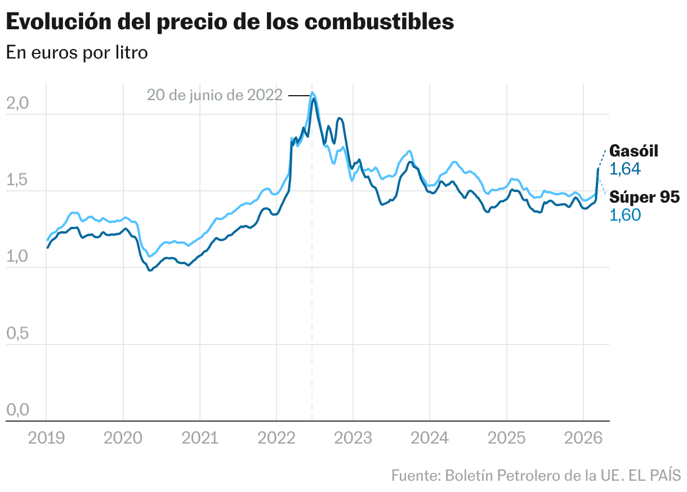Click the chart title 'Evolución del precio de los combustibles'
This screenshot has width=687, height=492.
click(230, 22)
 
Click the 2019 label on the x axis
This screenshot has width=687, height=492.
click(46, 437)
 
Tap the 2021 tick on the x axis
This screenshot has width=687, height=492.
click(199, 437)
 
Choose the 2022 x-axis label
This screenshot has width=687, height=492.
click(276, 437)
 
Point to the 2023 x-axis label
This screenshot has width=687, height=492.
click(353, 437)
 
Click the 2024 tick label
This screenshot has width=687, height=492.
click(429, 437)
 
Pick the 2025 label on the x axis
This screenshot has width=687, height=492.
click(506, 437)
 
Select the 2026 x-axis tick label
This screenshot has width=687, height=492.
click(582, 437)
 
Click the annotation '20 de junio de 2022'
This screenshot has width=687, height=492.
click(215, 95)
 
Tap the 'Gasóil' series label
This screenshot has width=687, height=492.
click(634, 151)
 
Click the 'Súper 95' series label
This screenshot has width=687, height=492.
click(645, 197)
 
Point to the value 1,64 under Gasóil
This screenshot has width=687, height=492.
click(625, 169)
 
